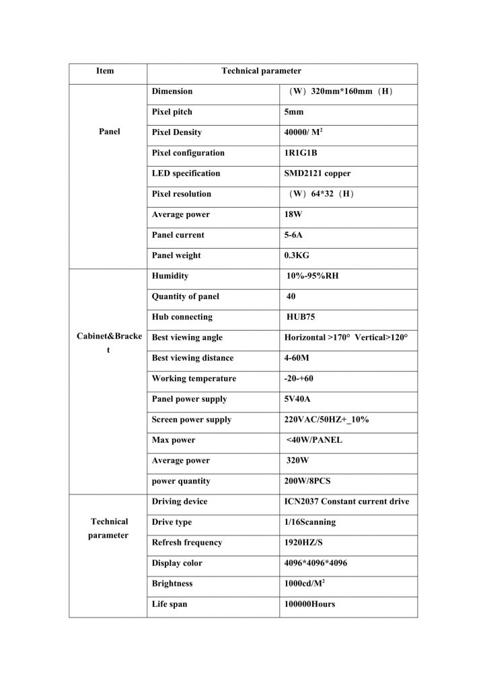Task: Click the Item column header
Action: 106,71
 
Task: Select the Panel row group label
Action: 109,132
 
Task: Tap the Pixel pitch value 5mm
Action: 294,112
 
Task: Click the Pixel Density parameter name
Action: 176,132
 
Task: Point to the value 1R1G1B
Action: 301,153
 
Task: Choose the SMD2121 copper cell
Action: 317,173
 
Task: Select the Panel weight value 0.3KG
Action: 297,255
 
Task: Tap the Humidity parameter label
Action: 170,276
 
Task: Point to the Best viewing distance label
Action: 193,358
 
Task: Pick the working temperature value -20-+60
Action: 299,378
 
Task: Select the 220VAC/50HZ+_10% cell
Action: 326,419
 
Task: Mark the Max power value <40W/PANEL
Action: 314,440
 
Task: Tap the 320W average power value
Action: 298,461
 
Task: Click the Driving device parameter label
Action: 180,501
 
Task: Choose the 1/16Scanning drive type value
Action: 310,522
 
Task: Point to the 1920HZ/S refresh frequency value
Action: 305,542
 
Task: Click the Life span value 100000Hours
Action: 309,604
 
